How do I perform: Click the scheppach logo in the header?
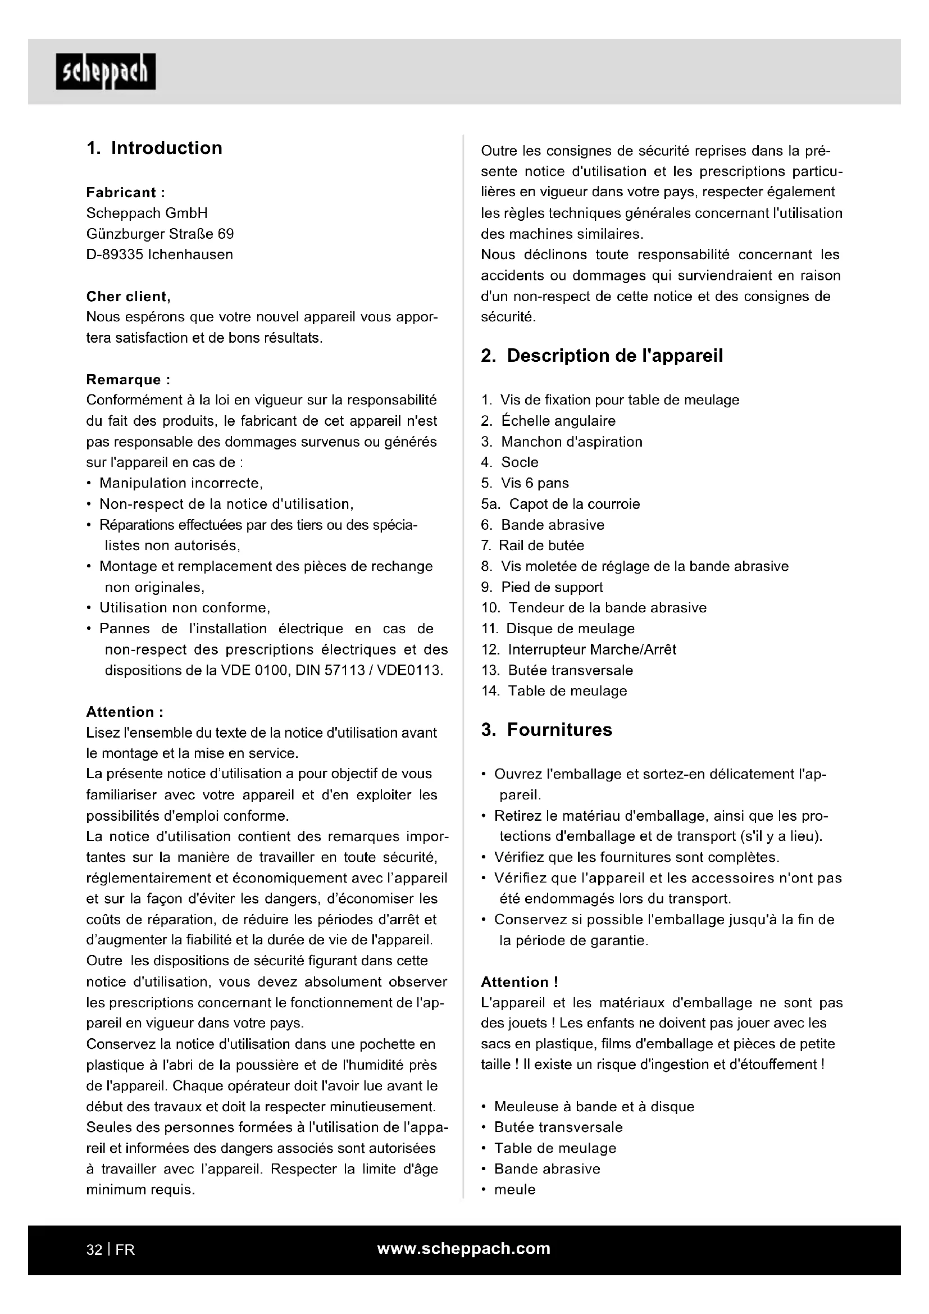[x=106, y=71]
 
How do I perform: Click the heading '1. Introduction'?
[x=154, y=148]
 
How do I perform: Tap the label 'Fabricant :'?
[x=125, y=192]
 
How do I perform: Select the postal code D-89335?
[x=115, y=254]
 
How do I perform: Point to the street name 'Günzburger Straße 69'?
[x=160, y=234]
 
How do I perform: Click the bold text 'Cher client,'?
[x=128, y=297]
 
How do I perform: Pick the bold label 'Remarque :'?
[x=128, y=379]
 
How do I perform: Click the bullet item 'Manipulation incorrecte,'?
[x=181, y=483]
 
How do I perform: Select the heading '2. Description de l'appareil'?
[x=602, y=356]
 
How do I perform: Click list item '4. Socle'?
[x=509, y=462]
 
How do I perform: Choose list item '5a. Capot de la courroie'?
[x=561, y=504]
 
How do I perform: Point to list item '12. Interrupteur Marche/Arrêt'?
[x=579, y=649]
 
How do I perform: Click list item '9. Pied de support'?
[x=543, y=587]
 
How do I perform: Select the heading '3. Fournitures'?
[x=547, y=730]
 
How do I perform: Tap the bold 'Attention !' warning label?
[x=520, y=982]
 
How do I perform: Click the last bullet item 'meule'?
[x=515, y=1189]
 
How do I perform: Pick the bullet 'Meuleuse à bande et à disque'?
[x=594, y=1106]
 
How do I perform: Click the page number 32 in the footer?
[x=94, y=1250]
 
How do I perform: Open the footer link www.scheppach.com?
[x=463, y=1249]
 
